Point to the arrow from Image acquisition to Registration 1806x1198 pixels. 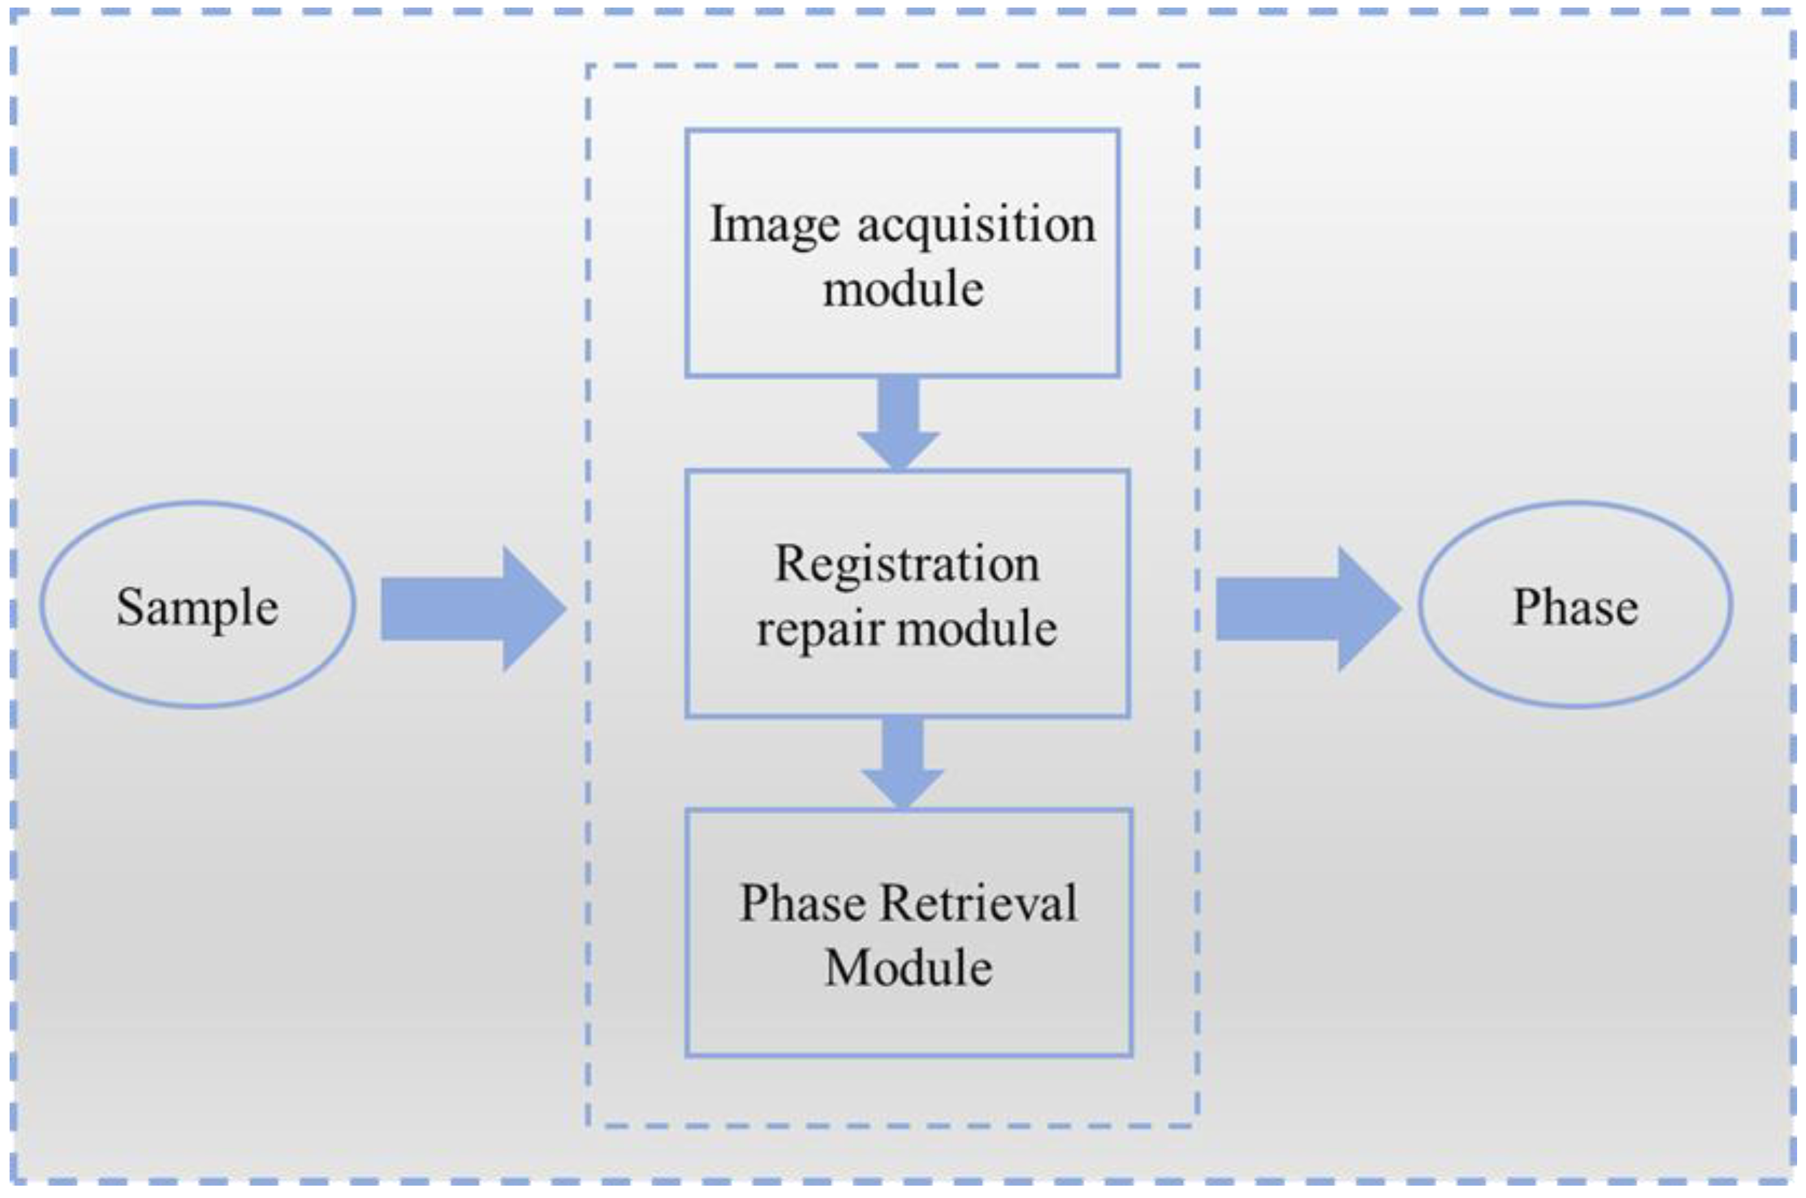[x=899, y=420]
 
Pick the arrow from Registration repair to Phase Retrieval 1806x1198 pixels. [x=903, y=760]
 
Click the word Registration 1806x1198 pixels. [x=907, y=566]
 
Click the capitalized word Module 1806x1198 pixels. [x=909, y=968]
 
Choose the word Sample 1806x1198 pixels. [x=197, y=608]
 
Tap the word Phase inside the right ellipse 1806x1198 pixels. [x=1575, y=608]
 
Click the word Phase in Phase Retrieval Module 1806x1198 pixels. [x=802, y=903]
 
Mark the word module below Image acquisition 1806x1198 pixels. [x=903, y=289]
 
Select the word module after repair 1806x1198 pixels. [x=978, y=629]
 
